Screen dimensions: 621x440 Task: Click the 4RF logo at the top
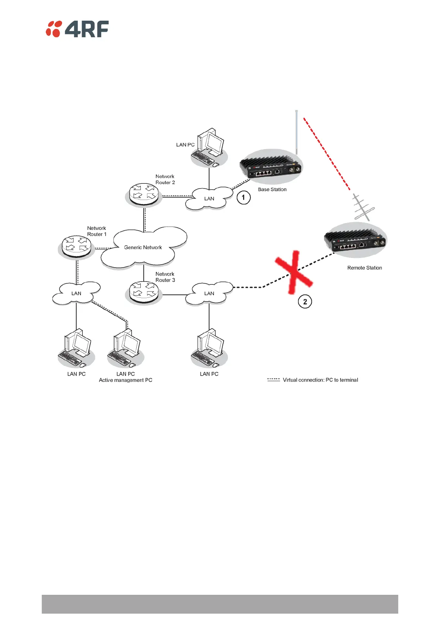click(x=77, y=29)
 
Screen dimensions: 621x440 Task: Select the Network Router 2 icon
click(x=144, y=194)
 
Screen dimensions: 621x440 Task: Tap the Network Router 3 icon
click(x=144, y=292)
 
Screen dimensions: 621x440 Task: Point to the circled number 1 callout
click(x=243, y=197)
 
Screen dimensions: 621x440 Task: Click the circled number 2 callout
click(x=305, y=302)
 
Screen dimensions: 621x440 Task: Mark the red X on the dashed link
click(x=294, y=272)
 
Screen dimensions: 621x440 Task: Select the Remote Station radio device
click(x=355, y=240)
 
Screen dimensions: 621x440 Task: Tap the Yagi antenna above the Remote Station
click(x=363, y=207)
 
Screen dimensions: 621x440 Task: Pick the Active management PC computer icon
click(x=125, y=348)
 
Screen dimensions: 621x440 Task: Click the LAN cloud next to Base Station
click(x=209, y=199)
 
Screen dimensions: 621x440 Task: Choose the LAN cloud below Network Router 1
click(x=76, y=293)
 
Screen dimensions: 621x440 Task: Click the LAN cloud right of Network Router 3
click(x=209, y=293)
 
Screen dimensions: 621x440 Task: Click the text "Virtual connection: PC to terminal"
click(x=320, y=380)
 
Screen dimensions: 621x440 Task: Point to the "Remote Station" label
click(x=365, y=268)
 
